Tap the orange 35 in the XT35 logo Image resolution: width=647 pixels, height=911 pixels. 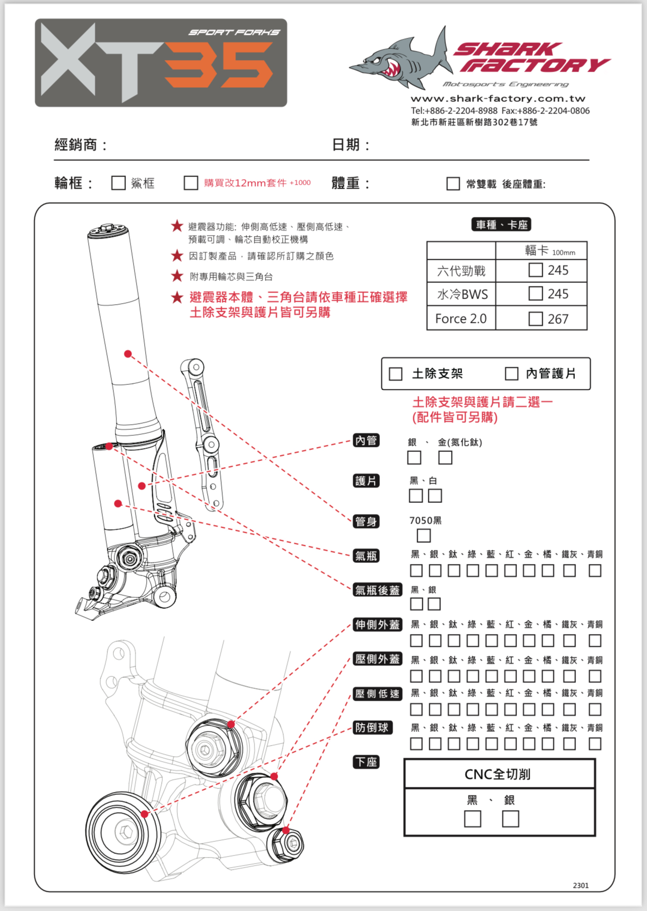pos(219,65)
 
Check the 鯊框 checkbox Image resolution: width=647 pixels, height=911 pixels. pos(118,183)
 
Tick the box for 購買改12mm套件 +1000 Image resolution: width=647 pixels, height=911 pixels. pos(191,183)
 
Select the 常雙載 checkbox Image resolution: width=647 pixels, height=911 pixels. pos(453,184)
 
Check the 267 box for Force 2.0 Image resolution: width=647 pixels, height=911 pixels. pos(536,319)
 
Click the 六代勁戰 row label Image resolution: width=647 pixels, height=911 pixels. pos(461,271)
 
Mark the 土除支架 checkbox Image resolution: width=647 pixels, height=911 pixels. pos(396,374)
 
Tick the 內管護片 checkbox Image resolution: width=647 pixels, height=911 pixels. pos(511,374)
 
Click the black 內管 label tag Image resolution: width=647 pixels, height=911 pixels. pos(366,440)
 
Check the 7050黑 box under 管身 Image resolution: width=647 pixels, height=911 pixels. pos(424,535)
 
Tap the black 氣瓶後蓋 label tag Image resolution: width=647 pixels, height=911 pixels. pos(377,590)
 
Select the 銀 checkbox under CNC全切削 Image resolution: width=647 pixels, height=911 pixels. pos(510,819)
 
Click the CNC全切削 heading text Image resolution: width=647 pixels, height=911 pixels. pos(497,774)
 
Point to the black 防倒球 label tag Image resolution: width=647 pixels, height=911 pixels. pos(372,727)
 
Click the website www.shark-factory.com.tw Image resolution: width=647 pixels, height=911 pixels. pos(498,99)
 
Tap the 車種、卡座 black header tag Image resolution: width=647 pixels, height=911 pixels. pos(502,224)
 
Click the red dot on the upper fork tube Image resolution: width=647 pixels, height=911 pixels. pos(128,354)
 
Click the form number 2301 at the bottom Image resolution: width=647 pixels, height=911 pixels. pos(580,885)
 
